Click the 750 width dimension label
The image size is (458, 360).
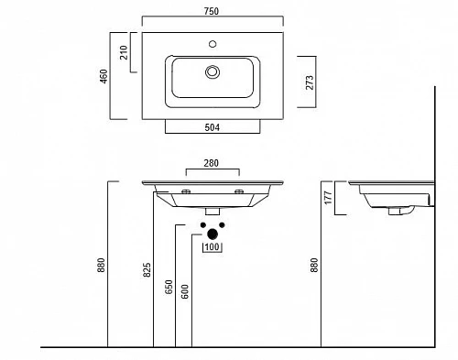[212, 11]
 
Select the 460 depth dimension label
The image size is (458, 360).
[104, 76]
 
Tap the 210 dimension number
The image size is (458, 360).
[124, 52]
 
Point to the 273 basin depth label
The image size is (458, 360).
[310, 82]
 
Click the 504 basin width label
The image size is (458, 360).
[212, 127]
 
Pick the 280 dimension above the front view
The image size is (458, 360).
[211, 163]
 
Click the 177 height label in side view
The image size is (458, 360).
[328, 198]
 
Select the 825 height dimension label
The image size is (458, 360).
[147, 270]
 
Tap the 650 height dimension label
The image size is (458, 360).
[169, 287]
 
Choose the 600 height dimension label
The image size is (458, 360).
[185, 291]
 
